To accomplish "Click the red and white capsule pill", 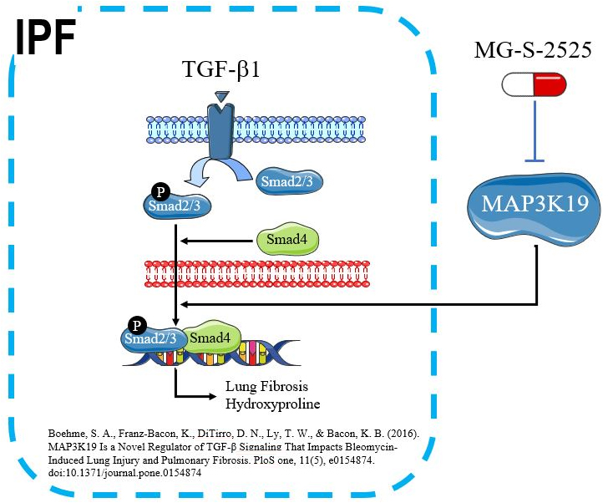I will coord(534,84).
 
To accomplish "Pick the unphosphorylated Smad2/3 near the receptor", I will coord(286,180).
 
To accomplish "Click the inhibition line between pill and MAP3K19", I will coord(534,130).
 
